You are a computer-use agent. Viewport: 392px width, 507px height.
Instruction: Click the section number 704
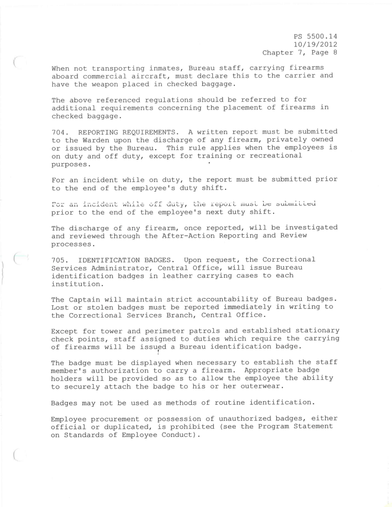[x=60, y=131]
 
